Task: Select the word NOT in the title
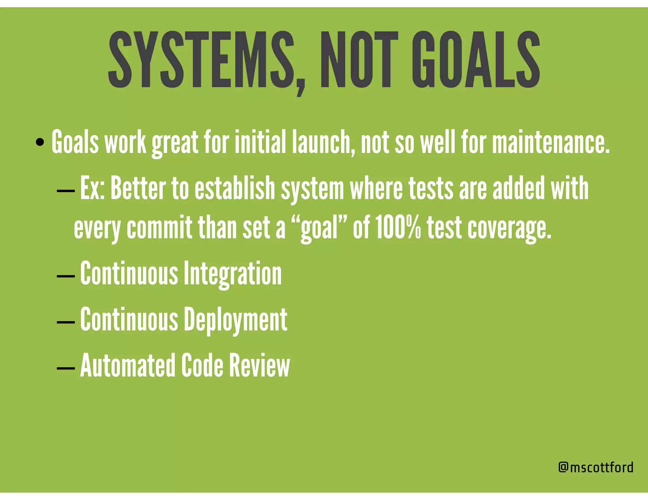[x=359, y=60]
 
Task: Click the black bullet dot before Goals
[x=40, y=142]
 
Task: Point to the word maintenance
[x=551, y=142]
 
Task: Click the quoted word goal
[x=319, y=229]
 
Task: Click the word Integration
[x=233, y=274]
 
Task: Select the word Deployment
[x=236, y=320]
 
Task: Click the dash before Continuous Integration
[x=66, y=276]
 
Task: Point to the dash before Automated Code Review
[x=66, y=368]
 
